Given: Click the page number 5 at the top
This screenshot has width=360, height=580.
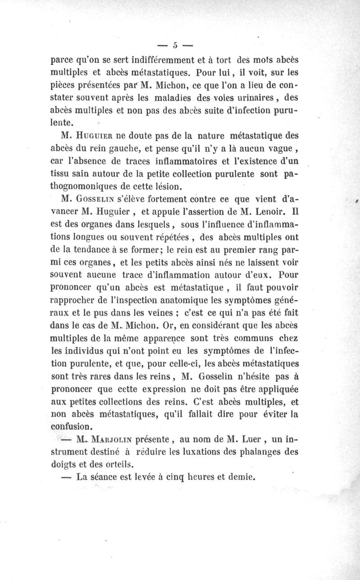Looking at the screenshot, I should [x=175, y=45].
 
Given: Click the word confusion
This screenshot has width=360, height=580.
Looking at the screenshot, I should [x=72, y=426].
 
